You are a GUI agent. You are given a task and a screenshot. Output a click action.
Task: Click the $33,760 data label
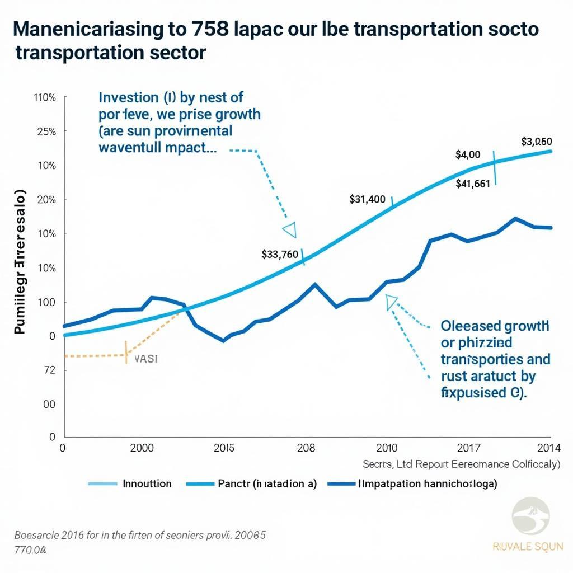(x=280, y=254)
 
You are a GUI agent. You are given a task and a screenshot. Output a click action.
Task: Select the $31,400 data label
(x=367, y=199)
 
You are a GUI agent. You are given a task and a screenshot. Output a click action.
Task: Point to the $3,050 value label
(x=537, y=141)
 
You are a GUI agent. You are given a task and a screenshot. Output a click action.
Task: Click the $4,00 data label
(x=468, y=154)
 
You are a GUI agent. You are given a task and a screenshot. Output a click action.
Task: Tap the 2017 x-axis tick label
(x=468, y=448)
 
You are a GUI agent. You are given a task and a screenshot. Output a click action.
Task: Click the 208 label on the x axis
(x=306, y=448)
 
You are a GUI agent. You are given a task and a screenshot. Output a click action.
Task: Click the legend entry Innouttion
(x=147, y=483)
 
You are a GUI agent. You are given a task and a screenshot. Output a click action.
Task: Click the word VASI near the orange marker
(x=147, y=359)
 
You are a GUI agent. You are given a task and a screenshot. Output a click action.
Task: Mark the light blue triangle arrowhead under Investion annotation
(x=290, y=229)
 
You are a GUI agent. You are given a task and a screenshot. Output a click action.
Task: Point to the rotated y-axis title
(x=20, y=263)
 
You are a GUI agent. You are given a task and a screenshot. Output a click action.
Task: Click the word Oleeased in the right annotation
(x=467, y=326)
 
